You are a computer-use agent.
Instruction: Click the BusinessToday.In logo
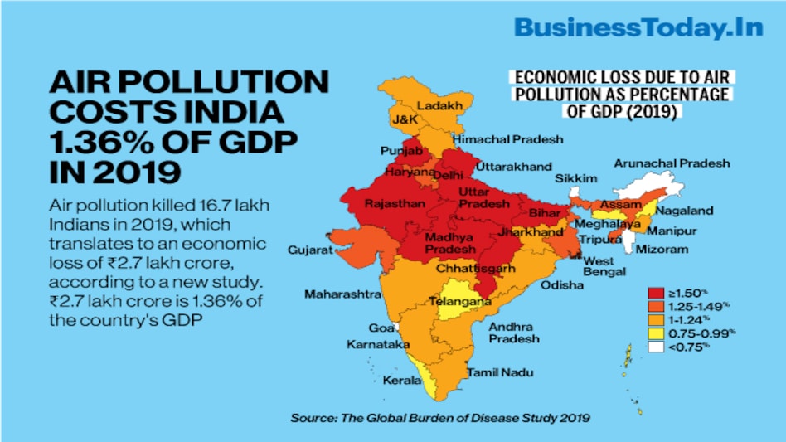[x=638, y=27]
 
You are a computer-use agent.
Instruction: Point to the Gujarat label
[x=310, y=250]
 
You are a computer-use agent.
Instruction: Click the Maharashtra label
[x=342, y=294]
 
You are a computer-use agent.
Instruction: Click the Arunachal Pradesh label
[x=672, y=163]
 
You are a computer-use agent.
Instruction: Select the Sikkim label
[x=575, y=178]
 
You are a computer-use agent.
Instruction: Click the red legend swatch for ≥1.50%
[x=657, y=293]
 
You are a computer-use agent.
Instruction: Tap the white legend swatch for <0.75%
[x=657, y=346]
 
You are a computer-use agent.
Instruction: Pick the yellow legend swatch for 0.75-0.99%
[x=657, y=333]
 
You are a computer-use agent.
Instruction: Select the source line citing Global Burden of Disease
[x=439, y=418]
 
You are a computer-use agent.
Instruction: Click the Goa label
[x=381, y=328]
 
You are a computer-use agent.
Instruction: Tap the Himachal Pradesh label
[x=507, y=138]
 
